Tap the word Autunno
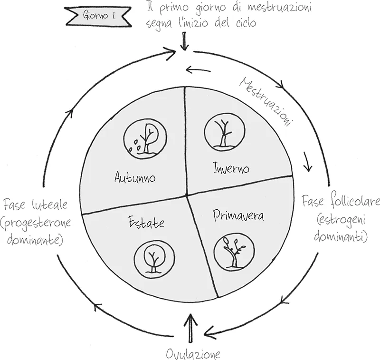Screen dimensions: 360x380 [x=135, y=177]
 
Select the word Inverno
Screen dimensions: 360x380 [x=231, y=167]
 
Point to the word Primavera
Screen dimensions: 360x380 [x=238, y=216]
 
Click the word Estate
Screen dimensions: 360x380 [x=146, y=222]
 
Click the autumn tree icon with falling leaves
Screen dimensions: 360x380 [x=144, y=137]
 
